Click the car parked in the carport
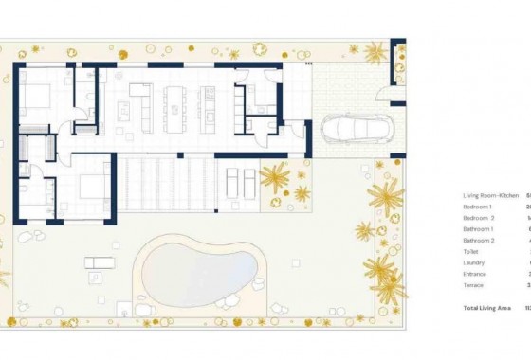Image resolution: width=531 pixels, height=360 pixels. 357,129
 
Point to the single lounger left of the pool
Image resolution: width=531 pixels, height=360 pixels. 98,262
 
